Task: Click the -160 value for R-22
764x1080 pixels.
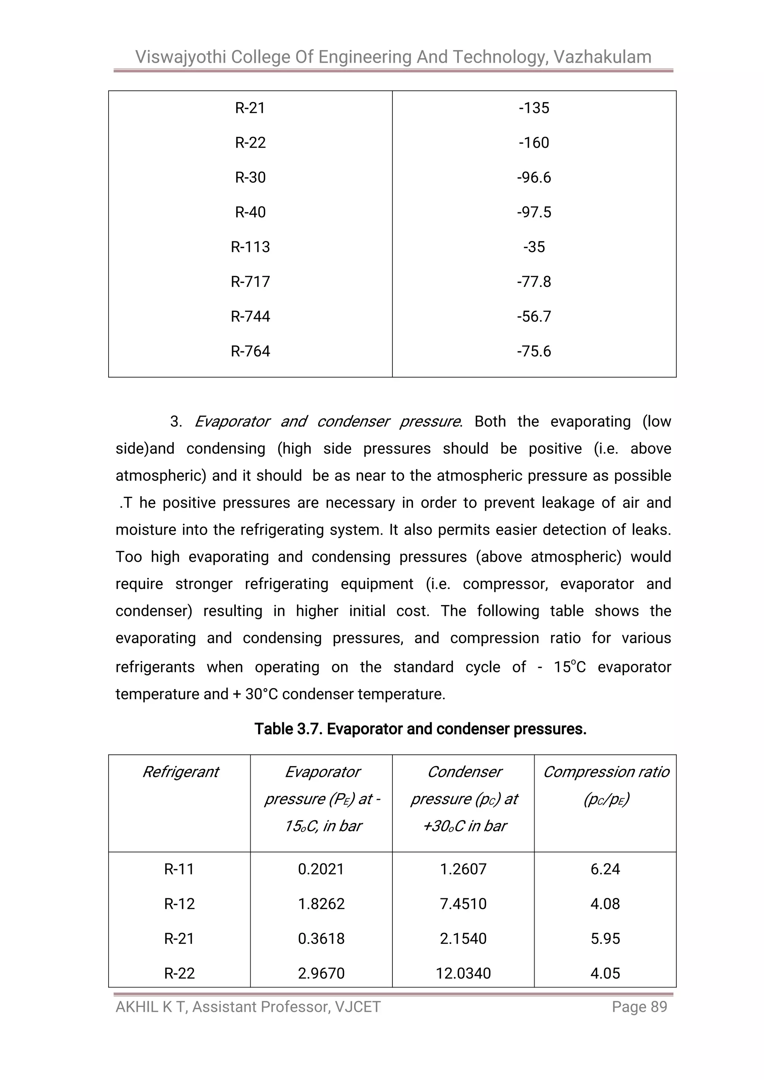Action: pyautogui.click(x=533, y=143)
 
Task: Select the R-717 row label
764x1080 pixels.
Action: pyautogui.click(x=250, y=282)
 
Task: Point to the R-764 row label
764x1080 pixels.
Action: pyautogui.click(x=250, y=351)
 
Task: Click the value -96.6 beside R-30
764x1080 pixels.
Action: pyautogui.click(x=533, y=177)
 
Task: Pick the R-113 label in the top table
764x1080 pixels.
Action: pyautogui.click(x=250, y=247)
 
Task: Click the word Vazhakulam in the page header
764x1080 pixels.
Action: pyautogui.click(x=602, y=57)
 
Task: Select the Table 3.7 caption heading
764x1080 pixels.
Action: pyautogui.click(x=420, y=729)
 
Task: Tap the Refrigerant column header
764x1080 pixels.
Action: pyautogui.click(x=180, y=772)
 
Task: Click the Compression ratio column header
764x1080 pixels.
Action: pyautogui.click(x=605, y=772)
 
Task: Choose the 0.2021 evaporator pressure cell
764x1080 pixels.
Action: pyautogui.click(x=321, y=869)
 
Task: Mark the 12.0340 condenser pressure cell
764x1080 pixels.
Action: pyautogui.click(x=463, y=973)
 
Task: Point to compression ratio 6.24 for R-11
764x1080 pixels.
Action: pyautogui.click(x=605, y=869)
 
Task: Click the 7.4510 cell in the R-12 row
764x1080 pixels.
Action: pyautogui.click(x=463, y=904)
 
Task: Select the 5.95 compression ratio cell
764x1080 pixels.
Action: pyautogui.click(x=605, y=938)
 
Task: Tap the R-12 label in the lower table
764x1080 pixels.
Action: pyautogui.click(x=179, y=904)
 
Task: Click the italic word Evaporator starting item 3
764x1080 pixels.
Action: pyautogui.click(x=232, y=422)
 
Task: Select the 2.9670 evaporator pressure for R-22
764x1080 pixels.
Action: pyautogui.click(x=321, y=973)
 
